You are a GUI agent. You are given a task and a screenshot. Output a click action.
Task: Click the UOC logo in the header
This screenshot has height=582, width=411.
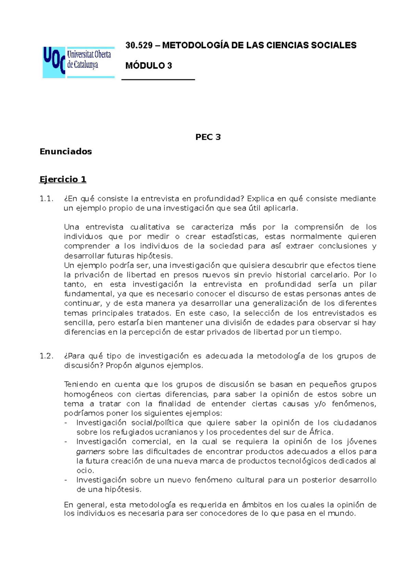click(78, 62)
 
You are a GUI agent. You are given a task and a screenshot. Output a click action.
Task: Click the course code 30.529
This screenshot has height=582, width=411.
click(139, 45)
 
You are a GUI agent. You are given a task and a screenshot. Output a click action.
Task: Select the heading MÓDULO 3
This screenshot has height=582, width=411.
click(149, 66)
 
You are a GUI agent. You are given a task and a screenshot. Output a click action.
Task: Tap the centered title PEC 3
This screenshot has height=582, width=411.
click(208, 137)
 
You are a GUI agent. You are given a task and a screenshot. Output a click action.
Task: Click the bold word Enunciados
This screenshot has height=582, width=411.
click(66, 151)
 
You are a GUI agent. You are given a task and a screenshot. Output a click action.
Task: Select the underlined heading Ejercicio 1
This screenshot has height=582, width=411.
click(63, 179)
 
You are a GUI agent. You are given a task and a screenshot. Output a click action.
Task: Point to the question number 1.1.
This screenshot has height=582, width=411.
click(47, 199)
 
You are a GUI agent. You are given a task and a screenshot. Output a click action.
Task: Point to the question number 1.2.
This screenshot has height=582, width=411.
click(47, 356)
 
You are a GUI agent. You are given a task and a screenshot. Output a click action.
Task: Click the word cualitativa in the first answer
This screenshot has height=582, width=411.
click(150, 227)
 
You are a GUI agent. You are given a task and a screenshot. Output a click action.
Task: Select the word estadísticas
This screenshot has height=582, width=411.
click(234, 237)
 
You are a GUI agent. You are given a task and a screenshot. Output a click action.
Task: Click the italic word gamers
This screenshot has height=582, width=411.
click(90, 451)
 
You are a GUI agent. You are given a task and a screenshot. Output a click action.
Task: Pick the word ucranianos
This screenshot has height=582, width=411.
click(176, 432)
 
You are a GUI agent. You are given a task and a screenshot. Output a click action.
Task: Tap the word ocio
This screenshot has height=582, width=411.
click(85, 471)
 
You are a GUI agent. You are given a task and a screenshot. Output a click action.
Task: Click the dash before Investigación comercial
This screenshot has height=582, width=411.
click(66, 442)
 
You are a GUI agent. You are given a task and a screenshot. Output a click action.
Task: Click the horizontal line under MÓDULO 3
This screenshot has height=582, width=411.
click(158, 80)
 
